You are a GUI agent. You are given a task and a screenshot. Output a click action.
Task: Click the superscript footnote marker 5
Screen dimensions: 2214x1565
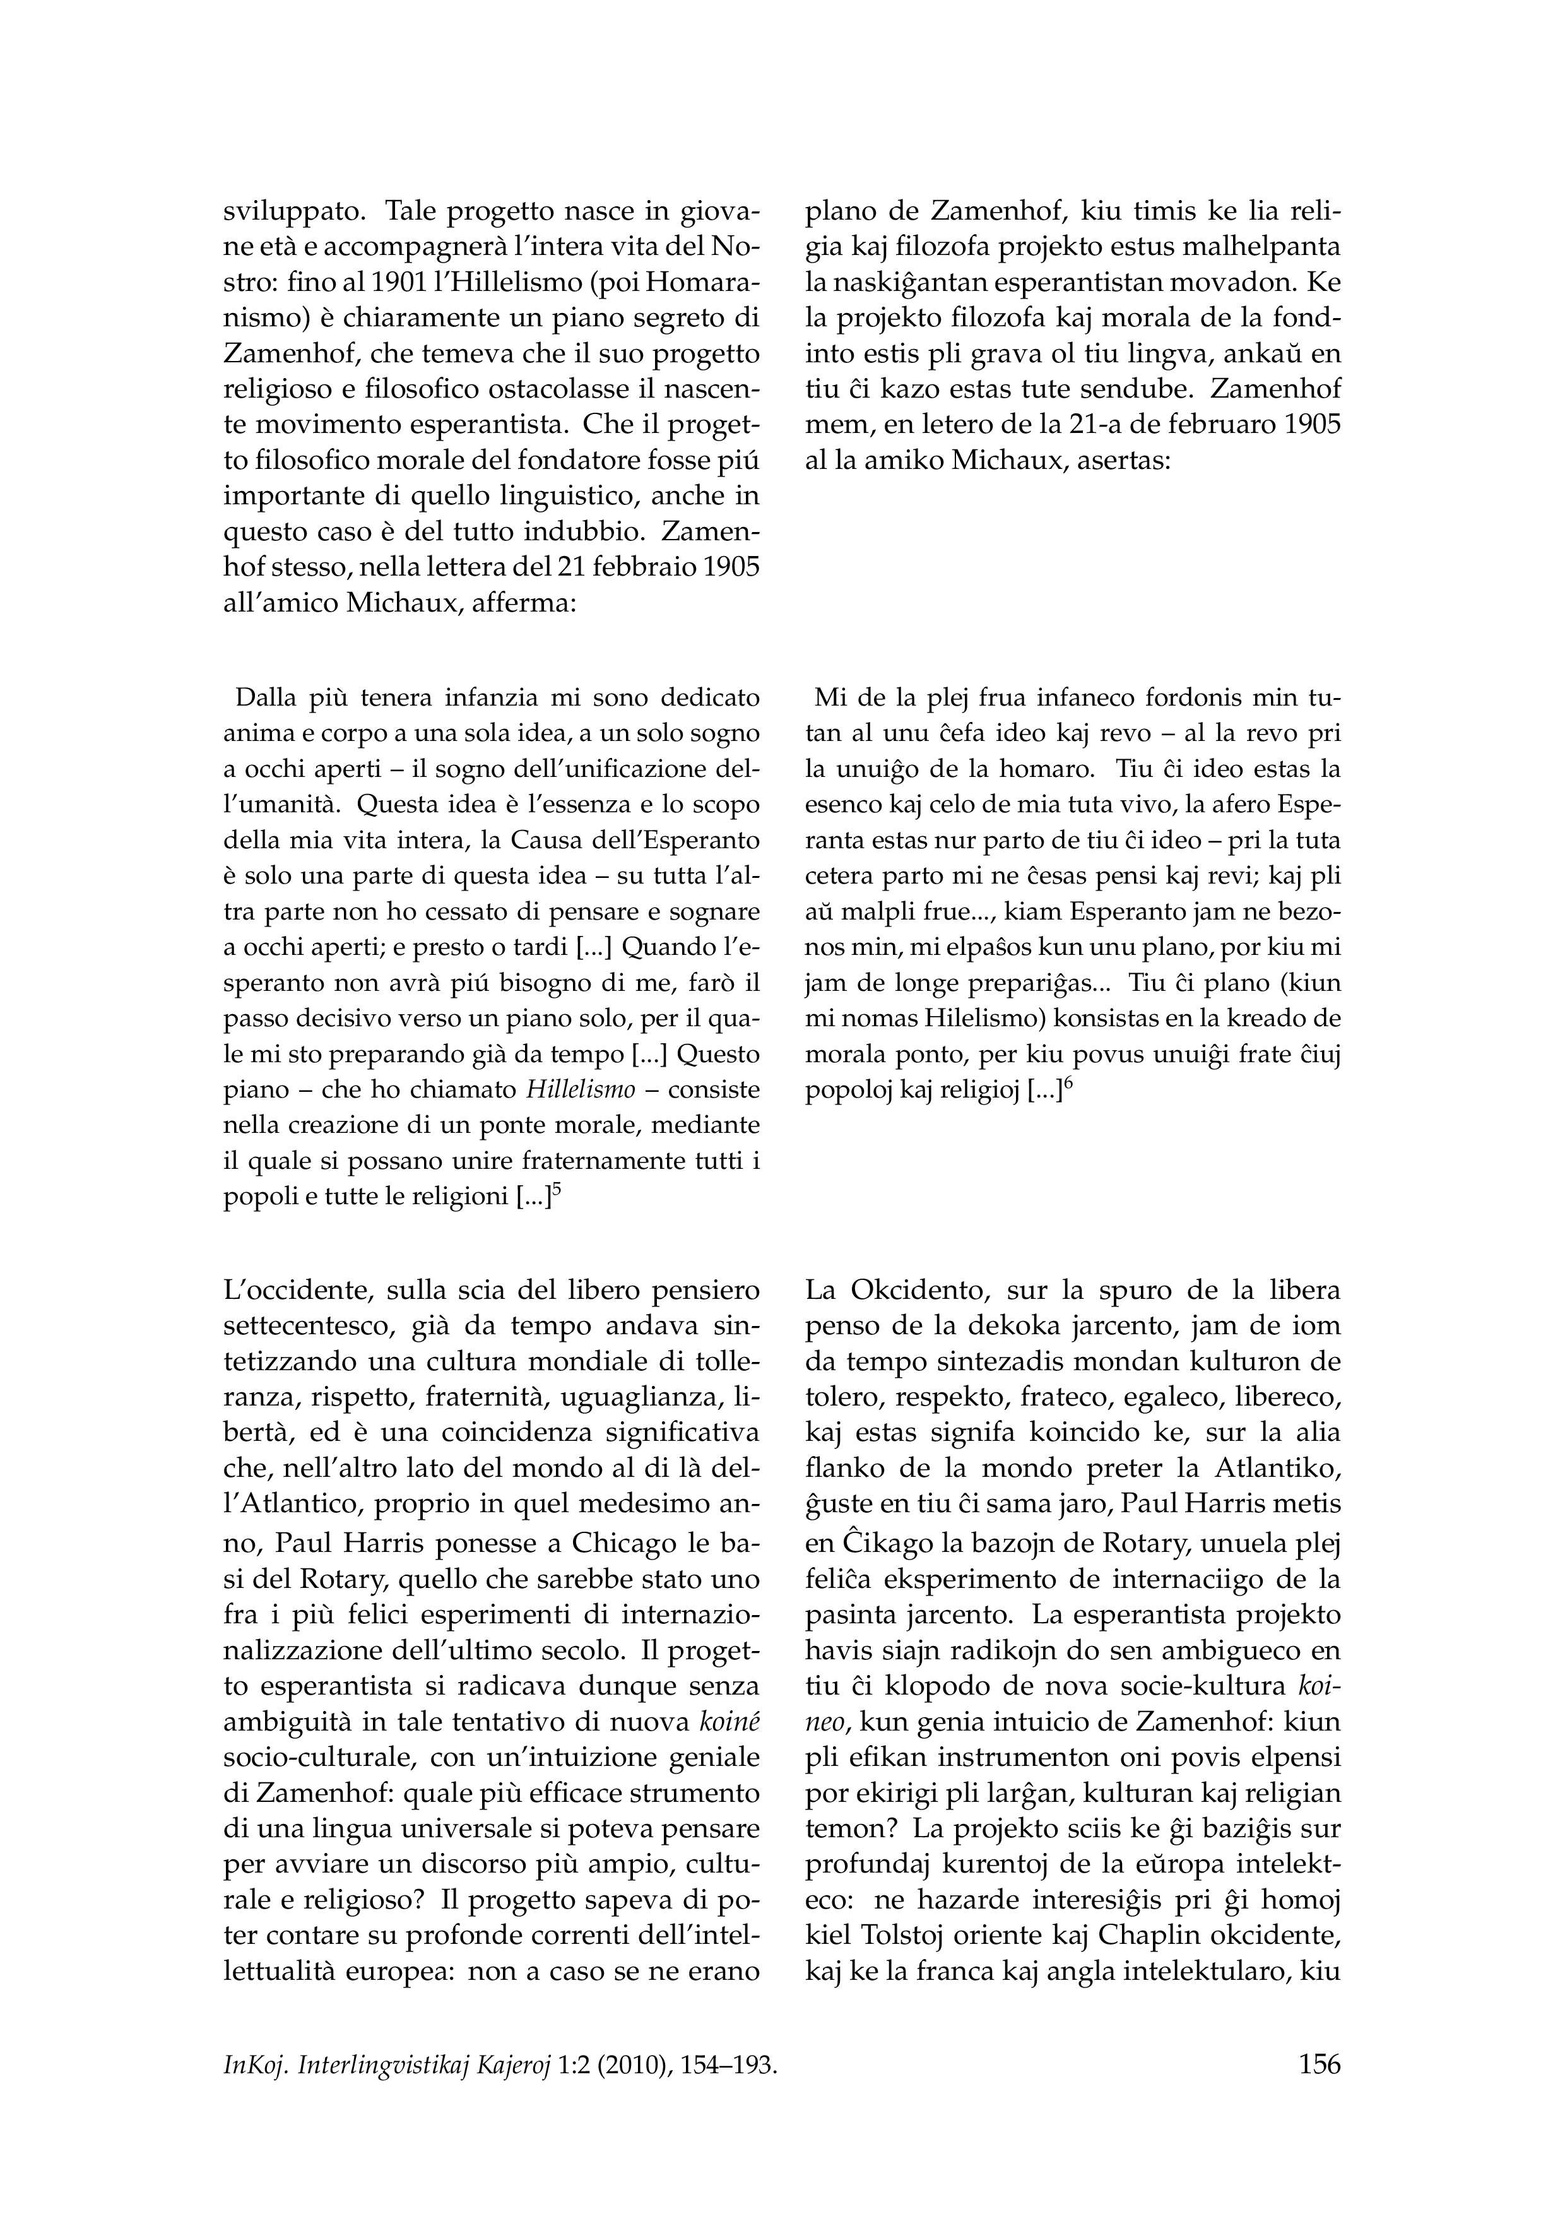pyautogui.click(x=557, y=1189)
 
